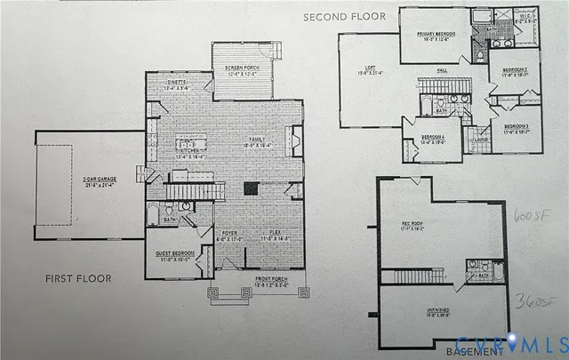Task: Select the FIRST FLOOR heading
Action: point(78,279)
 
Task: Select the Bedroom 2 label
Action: point(515,72)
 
